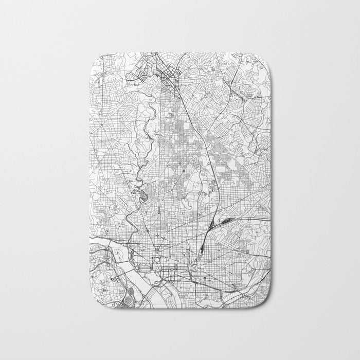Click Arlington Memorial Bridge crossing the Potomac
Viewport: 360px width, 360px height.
pos(125,271)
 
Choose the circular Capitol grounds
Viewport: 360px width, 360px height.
pos(196,266)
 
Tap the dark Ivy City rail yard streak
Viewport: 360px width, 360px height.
pos(225,222)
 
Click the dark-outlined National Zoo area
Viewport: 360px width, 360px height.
pos(138,194)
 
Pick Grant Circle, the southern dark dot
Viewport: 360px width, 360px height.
pos(183,169)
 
